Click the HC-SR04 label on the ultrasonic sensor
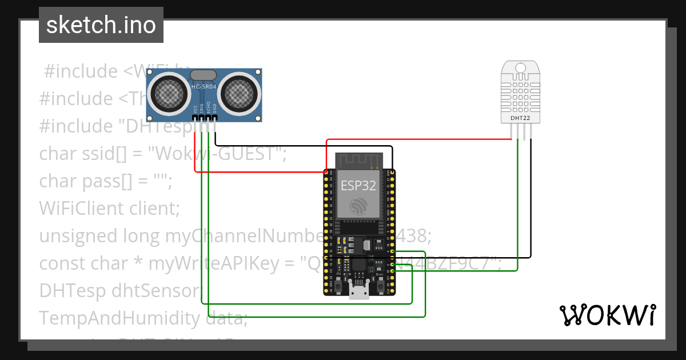(204, 86)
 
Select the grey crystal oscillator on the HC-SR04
(204, 74)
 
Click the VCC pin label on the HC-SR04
(196, 109)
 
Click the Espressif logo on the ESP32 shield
(358, 206)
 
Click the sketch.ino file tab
(101, 25)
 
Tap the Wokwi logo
(607, 315)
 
